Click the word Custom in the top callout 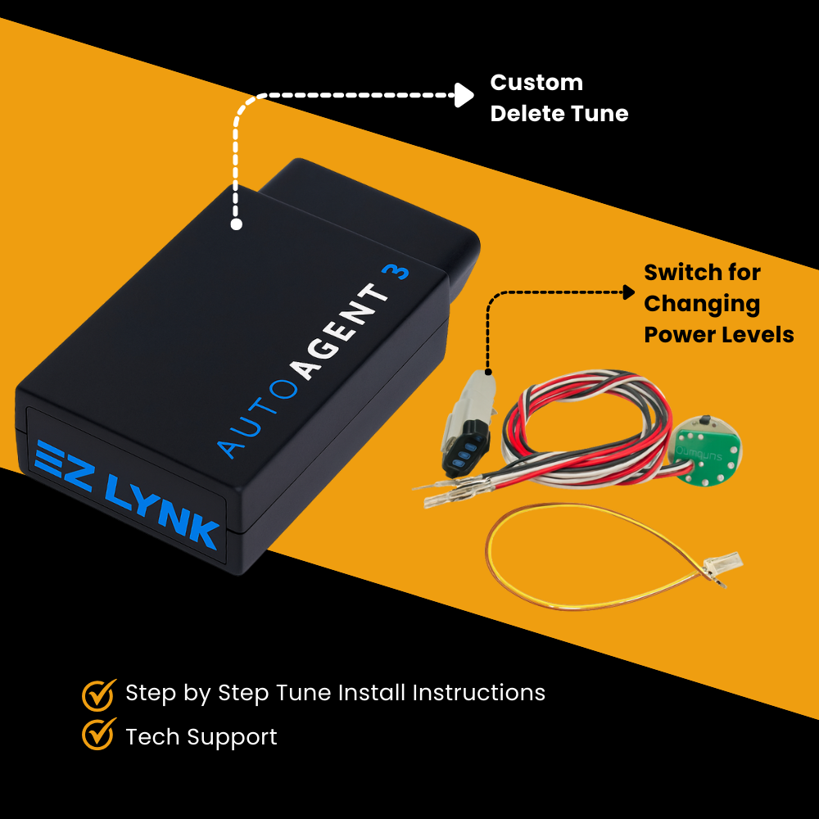coord(536,83)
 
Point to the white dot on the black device coord(237,224)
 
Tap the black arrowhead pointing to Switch coord(628,292)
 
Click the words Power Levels coord(718,334)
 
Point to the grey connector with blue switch coord(468,425)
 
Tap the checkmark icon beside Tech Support coord(98,735)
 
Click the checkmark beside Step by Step coord(98,694)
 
